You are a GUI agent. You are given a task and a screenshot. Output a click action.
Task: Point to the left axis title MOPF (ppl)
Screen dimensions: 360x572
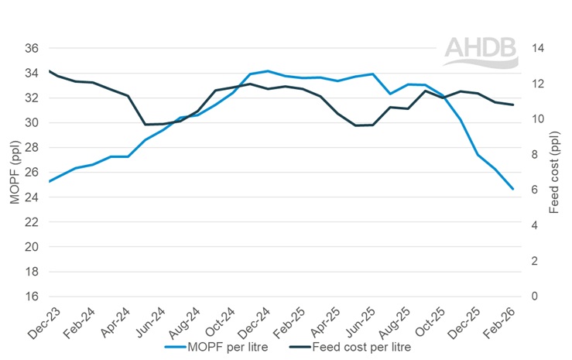(14, 172)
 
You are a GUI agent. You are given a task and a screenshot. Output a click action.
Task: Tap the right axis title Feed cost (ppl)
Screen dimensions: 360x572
(554, 172)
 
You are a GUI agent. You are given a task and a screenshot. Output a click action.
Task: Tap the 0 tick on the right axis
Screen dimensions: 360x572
(536, 297)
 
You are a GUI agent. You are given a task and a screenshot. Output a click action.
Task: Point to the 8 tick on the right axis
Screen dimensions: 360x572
(536, 155)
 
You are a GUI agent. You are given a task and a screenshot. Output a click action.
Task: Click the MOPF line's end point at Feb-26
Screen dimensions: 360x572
(512, 189)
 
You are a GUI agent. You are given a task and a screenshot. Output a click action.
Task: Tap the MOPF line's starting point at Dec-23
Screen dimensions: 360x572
(49, 182)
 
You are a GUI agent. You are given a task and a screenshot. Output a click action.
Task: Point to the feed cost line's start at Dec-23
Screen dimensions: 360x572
(49, 70)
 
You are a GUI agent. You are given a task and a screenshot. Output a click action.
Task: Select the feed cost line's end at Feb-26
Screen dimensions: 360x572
(512, 105)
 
